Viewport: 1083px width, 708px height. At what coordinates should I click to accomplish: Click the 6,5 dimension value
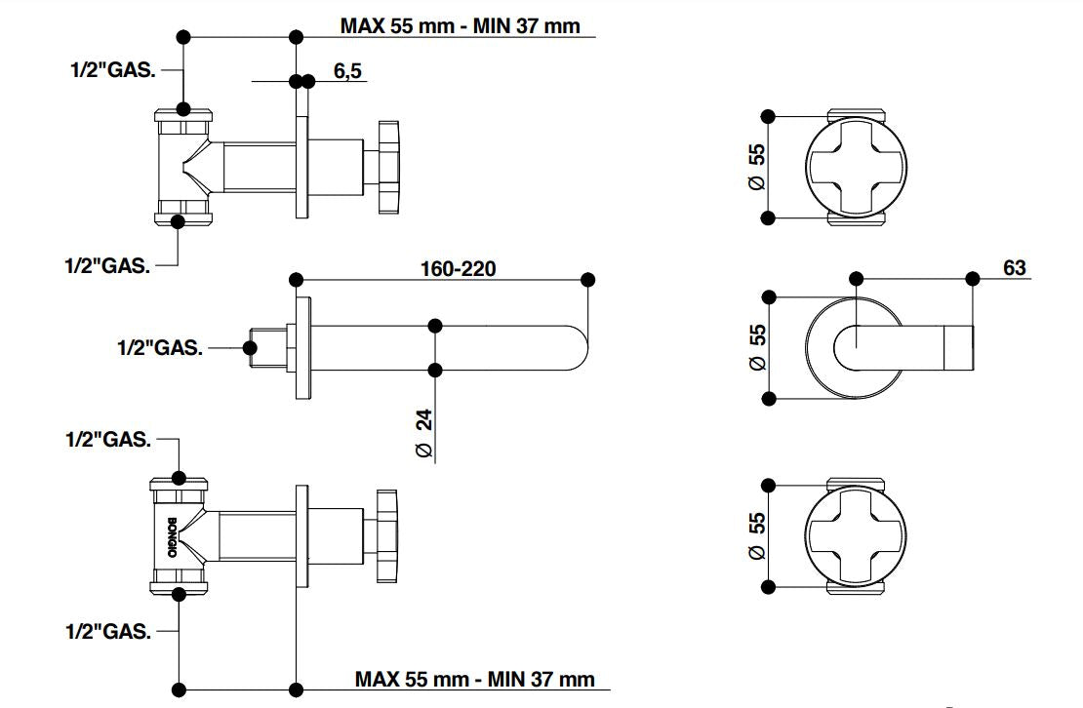pyautogui.click(x=347, y=70)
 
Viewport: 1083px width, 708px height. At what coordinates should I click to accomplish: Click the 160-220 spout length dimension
pyautogui.click(x=458, y=268)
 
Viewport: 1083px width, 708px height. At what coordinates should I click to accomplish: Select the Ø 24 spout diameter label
pyautogui.click(x=424, y=433)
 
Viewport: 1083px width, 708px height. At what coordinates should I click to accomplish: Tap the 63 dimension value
pyautogui.click(x=1014, y=267)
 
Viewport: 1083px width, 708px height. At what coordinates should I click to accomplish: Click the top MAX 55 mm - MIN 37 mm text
pyautogui.click(x=460, y=26)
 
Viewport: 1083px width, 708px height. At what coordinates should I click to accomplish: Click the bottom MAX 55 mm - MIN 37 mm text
pyautogui.click(x=474, y=679)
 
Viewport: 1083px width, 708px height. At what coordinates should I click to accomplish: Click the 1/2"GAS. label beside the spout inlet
pyautogui.click(x=160, y=348)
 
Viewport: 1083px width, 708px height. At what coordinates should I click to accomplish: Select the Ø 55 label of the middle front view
pyautogui.click(x=758, y=347)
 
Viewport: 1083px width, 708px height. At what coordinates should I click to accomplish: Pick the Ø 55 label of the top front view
pyautogui.click(x=757, y=167)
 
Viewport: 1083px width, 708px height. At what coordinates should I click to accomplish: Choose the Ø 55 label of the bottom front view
pyautogui.click(x=757, y=535)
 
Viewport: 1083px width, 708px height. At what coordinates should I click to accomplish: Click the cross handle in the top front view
pyautogui.click(x=856, y=167)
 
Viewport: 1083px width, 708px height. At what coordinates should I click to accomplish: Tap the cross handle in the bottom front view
pyautogui.click(x=856, y=536)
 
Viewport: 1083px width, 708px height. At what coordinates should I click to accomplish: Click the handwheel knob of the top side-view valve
pyautogui.click(x=387, y=168)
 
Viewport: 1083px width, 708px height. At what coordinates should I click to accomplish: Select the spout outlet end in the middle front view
pyautogui.click(x=959, y=347)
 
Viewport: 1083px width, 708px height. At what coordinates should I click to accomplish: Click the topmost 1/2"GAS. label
pyautogui.click(x=113, y=69)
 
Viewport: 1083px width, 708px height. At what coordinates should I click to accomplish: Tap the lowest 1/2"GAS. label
pyautogui.click(x=108, y=631)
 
